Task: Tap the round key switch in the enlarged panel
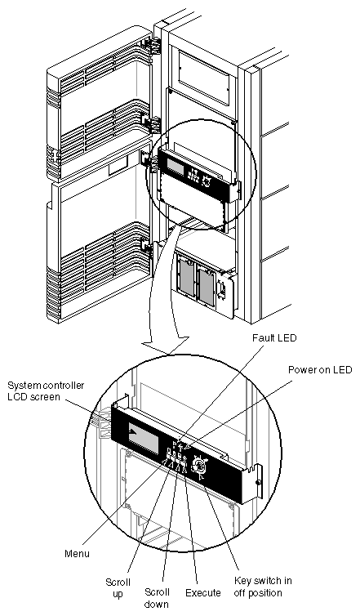(200, 466)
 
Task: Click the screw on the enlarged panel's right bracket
(259, 483)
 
